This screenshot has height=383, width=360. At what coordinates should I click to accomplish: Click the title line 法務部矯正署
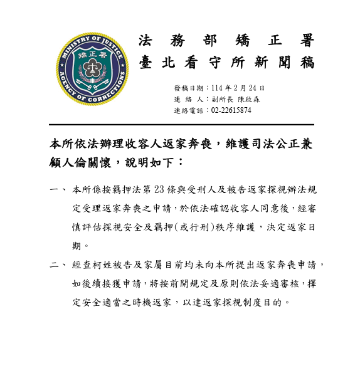tap(226, 41)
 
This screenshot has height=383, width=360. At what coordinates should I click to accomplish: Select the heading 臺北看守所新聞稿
tap(226, 63)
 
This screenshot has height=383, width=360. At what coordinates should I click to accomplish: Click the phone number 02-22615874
tap(231, 110)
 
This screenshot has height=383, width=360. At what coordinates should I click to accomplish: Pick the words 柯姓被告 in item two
tap(110, 265)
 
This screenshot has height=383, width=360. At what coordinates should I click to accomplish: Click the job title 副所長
tap(220, 99)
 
